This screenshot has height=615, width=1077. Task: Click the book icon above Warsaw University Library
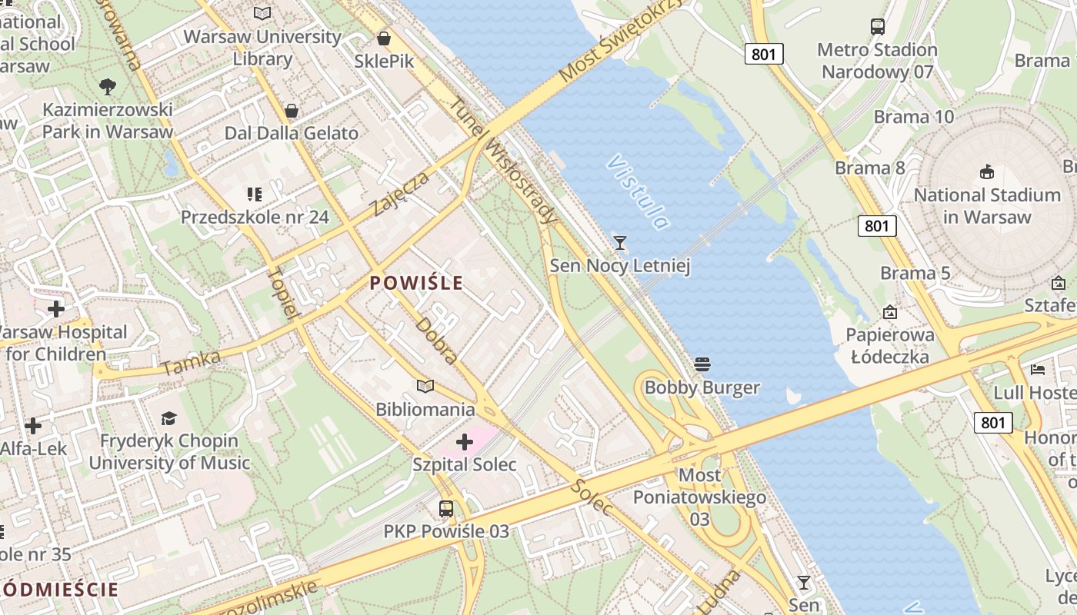262,13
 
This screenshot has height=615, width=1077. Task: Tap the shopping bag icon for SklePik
384,38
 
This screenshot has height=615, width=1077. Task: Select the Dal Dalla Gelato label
291,133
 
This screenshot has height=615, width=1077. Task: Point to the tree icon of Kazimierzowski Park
108,86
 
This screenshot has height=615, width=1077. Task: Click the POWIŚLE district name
416,283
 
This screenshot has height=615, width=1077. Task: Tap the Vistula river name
638,192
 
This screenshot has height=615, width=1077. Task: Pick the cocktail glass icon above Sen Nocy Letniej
620,243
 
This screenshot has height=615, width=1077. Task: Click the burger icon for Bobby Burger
702,364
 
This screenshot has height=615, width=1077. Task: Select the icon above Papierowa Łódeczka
890,312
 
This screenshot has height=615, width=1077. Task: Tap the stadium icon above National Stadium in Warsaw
987,171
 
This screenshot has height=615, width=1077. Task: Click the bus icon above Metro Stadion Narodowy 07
878,26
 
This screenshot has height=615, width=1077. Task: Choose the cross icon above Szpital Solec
465,442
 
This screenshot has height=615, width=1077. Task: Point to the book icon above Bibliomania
425,386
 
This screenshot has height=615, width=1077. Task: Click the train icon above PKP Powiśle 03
446,508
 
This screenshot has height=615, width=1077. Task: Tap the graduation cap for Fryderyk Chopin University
168,418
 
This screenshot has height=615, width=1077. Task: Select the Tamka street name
192,362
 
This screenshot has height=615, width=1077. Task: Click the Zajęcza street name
398,194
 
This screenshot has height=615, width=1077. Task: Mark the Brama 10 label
913,117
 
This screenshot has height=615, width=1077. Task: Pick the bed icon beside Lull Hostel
1038,369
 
